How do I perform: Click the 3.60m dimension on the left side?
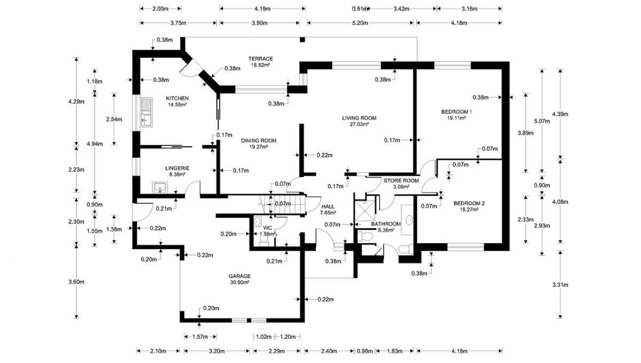[78, 282]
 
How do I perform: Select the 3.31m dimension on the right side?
[560, 284]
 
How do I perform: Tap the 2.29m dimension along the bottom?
[276, 351]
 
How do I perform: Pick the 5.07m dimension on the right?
[543, 121]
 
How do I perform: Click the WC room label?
[268, 229]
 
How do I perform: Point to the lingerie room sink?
[159, 187]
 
